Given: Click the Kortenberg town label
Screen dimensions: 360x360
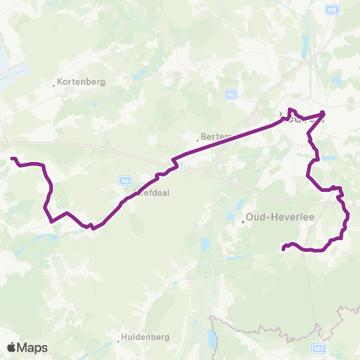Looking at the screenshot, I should pos(82,82).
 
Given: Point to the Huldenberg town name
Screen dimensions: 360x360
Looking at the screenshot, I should pos(145,337).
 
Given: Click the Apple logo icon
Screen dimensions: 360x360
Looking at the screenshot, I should pos(11,347).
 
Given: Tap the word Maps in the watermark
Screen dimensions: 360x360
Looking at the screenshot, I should pos(33,348).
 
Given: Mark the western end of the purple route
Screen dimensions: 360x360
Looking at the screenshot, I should pos(12,158).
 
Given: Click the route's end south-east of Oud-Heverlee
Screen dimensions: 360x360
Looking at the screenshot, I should pos(283,248).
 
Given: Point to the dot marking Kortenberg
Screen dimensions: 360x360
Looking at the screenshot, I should pos(55,85).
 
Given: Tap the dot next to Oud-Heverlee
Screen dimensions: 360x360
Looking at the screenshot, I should pos(244,220).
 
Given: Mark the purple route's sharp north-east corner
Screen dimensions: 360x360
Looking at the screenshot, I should pos(323,113).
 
